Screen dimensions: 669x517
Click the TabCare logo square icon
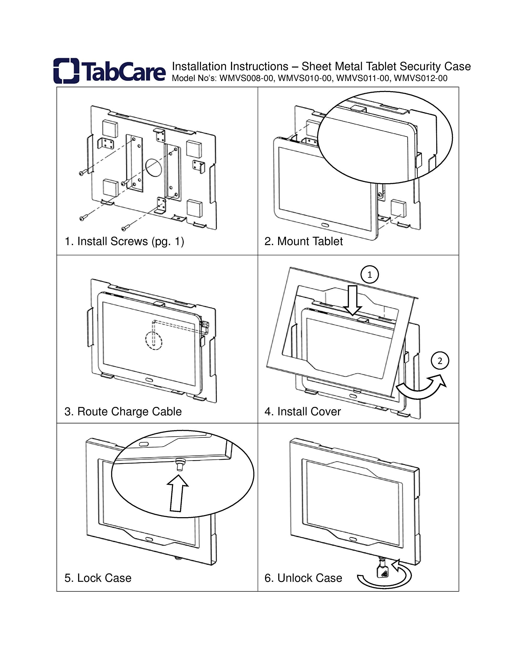(x=66, y=71)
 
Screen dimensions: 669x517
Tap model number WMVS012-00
(x=421, y=78)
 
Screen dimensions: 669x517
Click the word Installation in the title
(x=199, y=66)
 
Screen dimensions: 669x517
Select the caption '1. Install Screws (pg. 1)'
(x=124, y=241)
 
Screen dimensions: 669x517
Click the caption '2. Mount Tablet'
(x=303, y=241)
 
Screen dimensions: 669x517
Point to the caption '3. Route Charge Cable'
(x=123, y=411)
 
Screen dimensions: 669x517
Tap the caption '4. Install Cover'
(x=302, y=411)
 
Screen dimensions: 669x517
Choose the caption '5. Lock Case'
(x=98, y=578)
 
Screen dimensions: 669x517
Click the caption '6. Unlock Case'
(x=303, y=578)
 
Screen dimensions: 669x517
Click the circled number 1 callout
(x=370, y=274)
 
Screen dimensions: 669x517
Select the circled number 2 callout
(x=440, y=361)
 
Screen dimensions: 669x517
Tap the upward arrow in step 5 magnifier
(x=177, y=493)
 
